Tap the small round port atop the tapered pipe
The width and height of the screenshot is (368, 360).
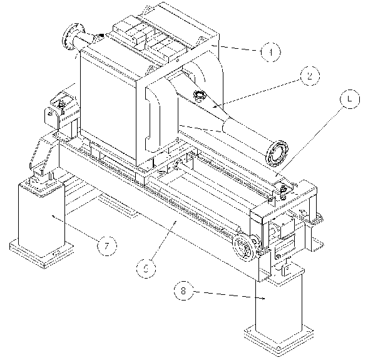coord(200,95)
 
